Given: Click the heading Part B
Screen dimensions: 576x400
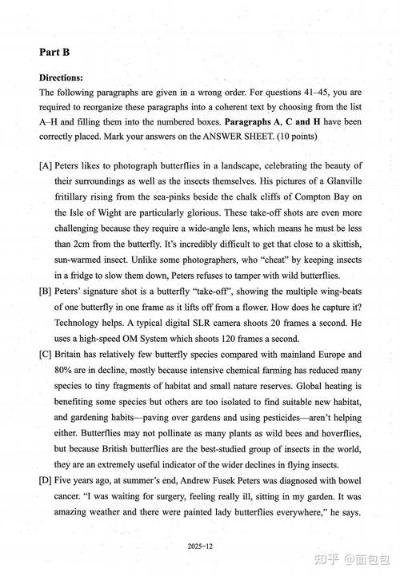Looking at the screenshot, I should tap(54, 52).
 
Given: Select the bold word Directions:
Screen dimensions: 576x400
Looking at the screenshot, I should tap(61, 78).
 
